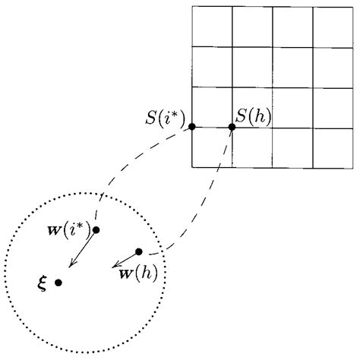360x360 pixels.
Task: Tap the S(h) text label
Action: tap(253, 118)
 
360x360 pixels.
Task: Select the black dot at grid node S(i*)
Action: tap(191, 126)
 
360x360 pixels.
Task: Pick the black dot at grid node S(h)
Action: tap(232, 127)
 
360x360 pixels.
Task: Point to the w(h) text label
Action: tap(137, 271)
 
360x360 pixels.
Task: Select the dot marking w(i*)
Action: tap(96, 229)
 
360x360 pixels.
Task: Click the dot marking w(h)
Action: tap(138, 251)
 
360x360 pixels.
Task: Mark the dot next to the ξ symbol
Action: tap(58, 283)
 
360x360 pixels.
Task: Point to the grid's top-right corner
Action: tap(353, 7)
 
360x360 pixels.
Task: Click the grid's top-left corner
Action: tap(191, 7)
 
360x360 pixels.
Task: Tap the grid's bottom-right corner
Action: tap(353, 167)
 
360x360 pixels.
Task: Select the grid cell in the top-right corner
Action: tap(333, 27)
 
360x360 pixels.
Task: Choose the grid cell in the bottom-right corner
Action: tap(333, 147)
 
